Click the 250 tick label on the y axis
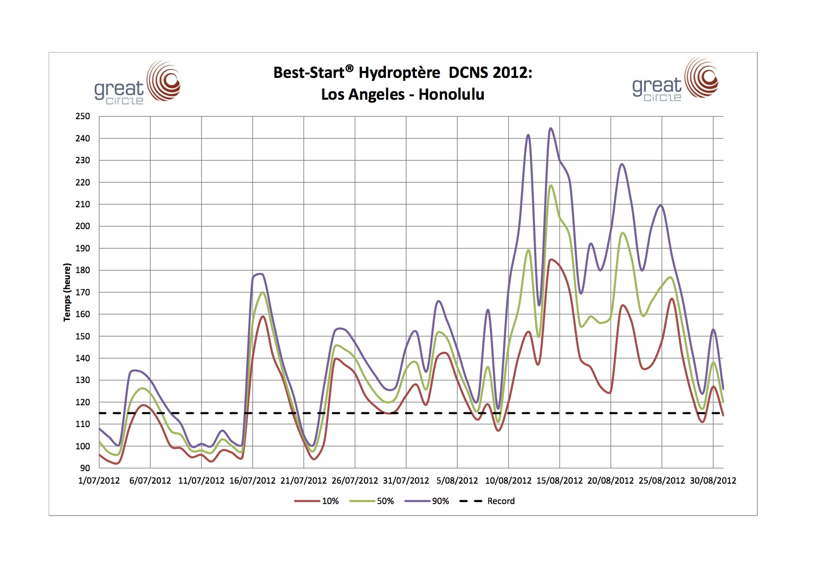83,116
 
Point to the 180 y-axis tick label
83,270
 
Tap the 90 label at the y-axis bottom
85,468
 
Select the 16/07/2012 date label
252,481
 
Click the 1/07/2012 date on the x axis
99,481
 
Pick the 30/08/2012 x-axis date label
713,481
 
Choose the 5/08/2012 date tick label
457,481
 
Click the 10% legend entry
330,501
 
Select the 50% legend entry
385,501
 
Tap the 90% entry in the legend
440,501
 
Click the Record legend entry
501,501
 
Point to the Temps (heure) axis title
67,292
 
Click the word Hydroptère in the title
399,73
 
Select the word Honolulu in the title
451,95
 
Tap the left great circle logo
137,83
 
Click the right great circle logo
675,80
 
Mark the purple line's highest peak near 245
551,128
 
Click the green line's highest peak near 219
551,185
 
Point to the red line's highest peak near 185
551,260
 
